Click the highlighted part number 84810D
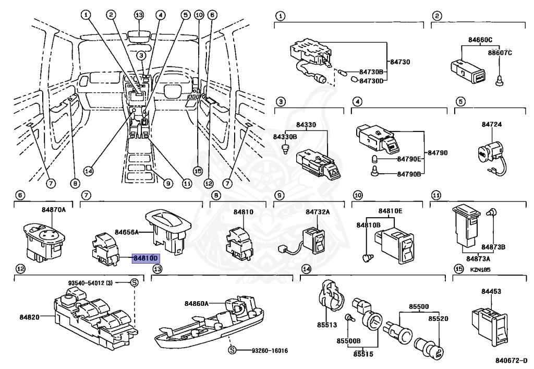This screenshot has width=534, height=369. pyautogui.click(x=146, y=258)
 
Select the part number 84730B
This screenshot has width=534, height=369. pyautogui.click(x=371, y=72)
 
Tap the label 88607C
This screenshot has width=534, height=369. pyautogui.click(x=500, y=53)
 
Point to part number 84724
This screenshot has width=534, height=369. pyautogui.click(x=491, y=124)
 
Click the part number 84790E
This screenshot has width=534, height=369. pyautogui.click(x=409, y=159)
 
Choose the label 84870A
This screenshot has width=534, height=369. pyautogui.click(x=54, y=209)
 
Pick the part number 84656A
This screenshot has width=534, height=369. pyautogui.click(x=127, y=232)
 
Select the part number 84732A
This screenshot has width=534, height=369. pyautogui.click(x=318, y=212)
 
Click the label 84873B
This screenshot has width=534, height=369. pyautogui.click(x=493, y=247)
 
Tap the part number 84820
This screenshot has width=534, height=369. pyautogui.click(x=29, y=317)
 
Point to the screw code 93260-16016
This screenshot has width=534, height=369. pyautogui.click(x=270, y=351)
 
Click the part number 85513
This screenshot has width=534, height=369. pyautogui.click(x=327, y=325)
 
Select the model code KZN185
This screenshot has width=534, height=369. pyautogui.click(x=480, y=269)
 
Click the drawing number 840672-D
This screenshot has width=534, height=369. pyautogui.click(x=511, y=361)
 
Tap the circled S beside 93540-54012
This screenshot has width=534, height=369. pyautogui.click(x=135, y=282)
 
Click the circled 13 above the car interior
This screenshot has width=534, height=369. pyautogui.click(x=139, y=15)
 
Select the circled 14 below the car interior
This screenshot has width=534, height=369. pyautogui.click(x=88, y=171)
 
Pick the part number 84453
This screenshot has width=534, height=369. pyautogui.click(x=491, y=291)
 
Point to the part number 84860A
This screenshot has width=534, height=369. pyautogui.click(x=197, y=304)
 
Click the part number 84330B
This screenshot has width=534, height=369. pyautogui.click(x=285, y=137)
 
